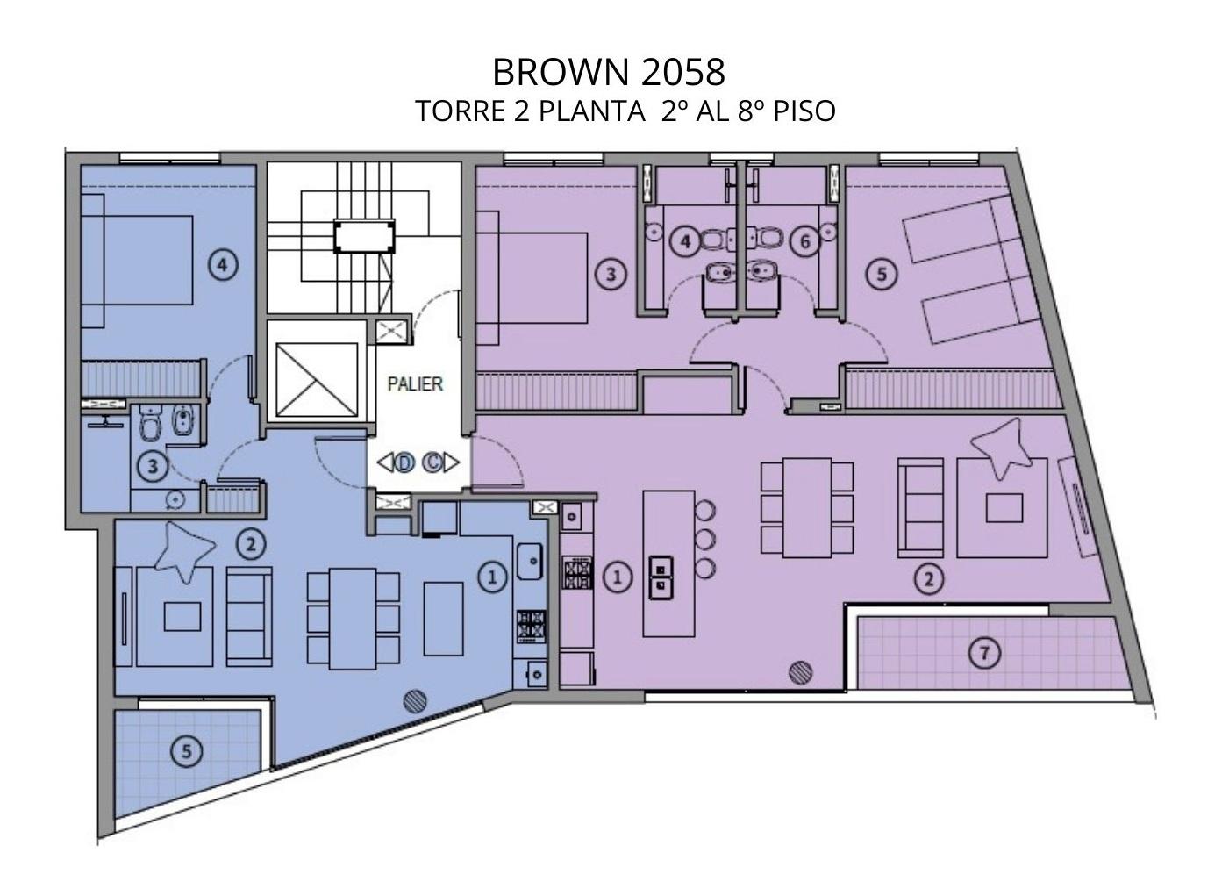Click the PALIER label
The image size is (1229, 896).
(415, 383)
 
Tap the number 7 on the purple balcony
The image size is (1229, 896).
(985, 653)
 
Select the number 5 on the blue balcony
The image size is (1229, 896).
(187, 750)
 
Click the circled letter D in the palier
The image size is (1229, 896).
(404, 462)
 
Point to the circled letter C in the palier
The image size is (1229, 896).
(432, 462)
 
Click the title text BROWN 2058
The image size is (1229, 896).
(609, 72)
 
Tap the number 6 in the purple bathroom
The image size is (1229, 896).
(805, 241)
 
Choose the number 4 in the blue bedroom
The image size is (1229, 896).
(222, 265)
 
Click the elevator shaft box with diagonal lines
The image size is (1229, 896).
(317, 379)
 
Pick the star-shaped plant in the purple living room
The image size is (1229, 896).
(1001, 448)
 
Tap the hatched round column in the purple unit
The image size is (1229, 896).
(801, 672)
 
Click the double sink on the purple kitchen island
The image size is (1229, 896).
(661, 578)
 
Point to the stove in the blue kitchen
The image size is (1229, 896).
(531, 627)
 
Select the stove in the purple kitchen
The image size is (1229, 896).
(578, 573)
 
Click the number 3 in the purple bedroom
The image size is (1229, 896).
(611, 274)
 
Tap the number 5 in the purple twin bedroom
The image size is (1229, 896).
(882, 274)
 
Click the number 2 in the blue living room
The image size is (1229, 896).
(251, 544)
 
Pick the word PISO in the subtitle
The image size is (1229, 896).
(804, 111)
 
